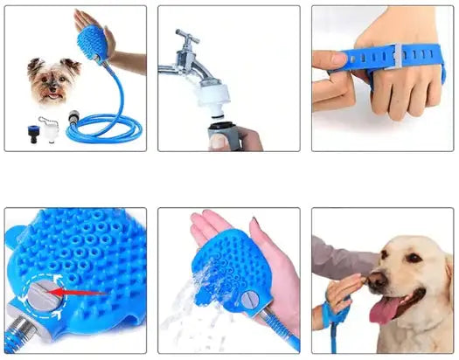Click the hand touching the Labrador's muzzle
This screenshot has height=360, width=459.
(x=345, y=288)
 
